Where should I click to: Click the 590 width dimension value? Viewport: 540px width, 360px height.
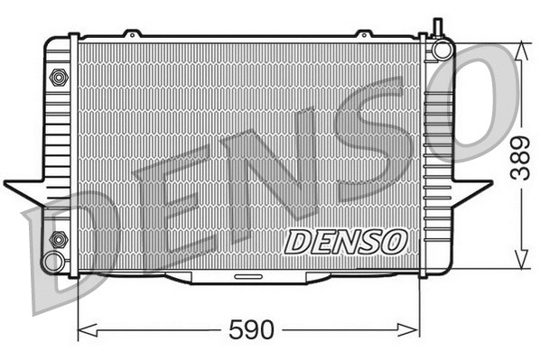(x=252, y=330)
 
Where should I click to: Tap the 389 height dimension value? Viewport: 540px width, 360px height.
(x=518, y=159)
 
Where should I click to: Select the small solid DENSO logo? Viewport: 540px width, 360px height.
(x=347, y=241)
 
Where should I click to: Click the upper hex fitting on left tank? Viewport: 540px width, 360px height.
(x=59, y=78)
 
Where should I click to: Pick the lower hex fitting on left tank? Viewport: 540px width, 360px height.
(x=59, y=240)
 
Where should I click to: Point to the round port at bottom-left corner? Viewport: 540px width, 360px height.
(x=53, y=262)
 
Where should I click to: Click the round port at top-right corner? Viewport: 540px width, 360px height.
(x=442, y=49)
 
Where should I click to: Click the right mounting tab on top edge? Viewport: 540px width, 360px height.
(x=364, y=34)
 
